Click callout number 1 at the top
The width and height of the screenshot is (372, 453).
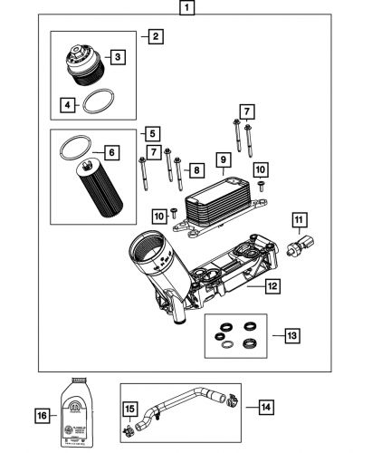186,11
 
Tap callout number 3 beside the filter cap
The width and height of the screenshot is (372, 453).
118,56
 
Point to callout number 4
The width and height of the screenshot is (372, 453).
67,105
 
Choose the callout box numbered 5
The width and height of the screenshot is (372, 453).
150,132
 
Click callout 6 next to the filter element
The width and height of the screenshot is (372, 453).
111,153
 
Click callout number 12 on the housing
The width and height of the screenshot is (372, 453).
270,286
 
